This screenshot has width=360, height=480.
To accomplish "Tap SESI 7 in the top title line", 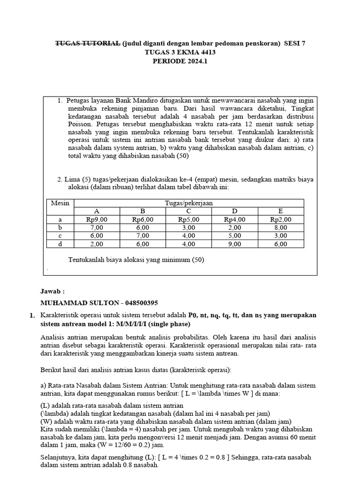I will coord(294,44).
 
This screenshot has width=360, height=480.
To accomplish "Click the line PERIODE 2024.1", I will coord(180,61).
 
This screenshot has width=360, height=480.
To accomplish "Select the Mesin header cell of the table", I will coord(60,203).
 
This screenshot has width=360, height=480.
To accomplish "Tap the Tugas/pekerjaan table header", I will coord(189,203).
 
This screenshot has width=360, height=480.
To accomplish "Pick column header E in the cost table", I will coord(280,211).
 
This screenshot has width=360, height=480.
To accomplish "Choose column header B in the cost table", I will coord(143,211).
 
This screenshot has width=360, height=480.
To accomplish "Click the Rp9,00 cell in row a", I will coord(97,219).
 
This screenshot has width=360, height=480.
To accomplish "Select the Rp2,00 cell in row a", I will coord(281,219).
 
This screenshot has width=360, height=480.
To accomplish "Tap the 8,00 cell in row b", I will coord(281,227).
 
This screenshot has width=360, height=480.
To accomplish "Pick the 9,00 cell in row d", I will coord(235,244).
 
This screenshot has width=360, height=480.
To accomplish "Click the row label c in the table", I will coord(60,236).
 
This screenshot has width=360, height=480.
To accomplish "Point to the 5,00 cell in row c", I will coord(235,236).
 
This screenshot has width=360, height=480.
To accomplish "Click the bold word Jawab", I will coord(53,291).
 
